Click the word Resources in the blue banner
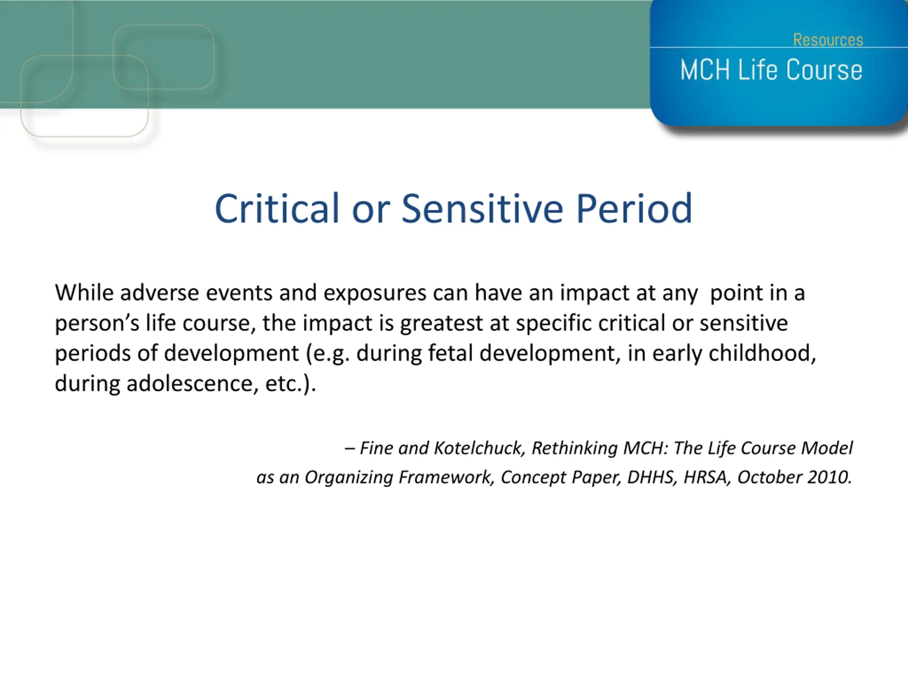click(x=828, y=40)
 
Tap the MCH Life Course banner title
click(x=771, y=70)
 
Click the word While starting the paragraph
click(x=84, y=293)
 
